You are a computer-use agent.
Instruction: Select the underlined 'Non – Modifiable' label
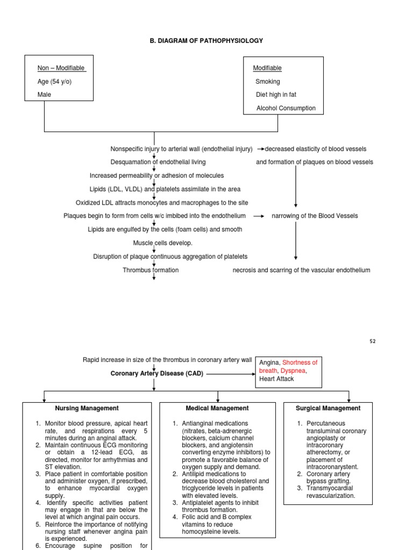61,68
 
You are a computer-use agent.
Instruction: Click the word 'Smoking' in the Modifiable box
268,82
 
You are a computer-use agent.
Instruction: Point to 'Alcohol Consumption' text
286,108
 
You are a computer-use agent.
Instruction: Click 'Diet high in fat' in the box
276,95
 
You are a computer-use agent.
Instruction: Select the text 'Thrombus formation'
151,270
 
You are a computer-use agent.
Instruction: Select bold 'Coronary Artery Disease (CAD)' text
157,374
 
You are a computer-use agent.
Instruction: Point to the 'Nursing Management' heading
87,408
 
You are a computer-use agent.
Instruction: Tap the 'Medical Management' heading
217,408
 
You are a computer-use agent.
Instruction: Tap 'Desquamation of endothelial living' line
158,162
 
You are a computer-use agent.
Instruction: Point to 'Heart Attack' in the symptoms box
277,379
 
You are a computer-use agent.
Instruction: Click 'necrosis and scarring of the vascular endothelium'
301,270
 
